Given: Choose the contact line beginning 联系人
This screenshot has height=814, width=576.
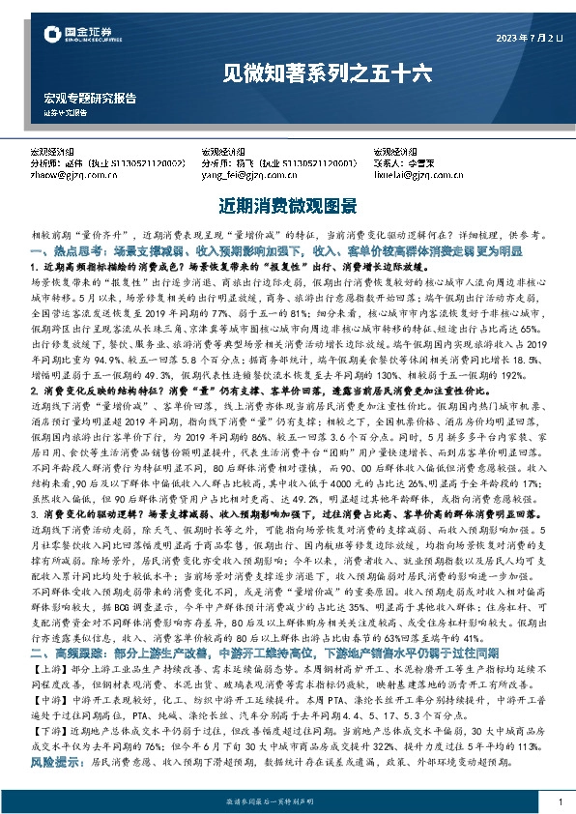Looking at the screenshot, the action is pos(407,164).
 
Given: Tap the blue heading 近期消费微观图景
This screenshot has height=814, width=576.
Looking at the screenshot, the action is pos(288,207).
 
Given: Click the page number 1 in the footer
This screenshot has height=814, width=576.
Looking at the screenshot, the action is pos(560,802).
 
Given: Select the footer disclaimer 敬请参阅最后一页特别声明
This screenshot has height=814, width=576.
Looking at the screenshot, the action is pos(288,802).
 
